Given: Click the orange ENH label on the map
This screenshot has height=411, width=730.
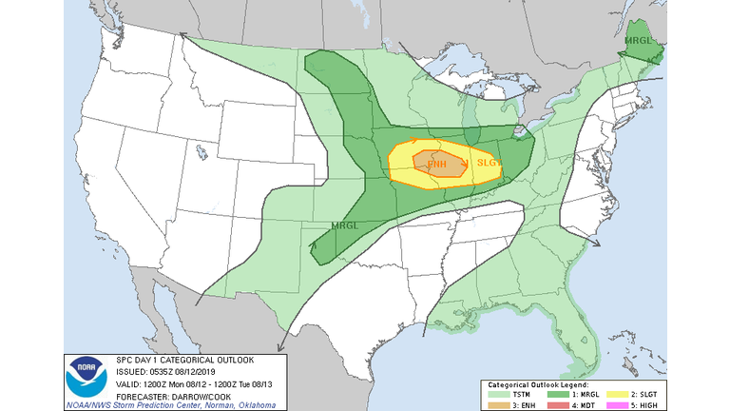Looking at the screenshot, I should [437, 164].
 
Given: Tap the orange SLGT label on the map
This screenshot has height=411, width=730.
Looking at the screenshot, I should [488, 163].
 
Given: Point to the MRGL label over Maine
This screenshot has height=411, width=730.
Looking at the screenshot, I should [639, 42].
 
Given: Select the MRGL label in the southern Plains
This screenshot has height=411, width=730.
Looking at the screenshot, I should [345, 225].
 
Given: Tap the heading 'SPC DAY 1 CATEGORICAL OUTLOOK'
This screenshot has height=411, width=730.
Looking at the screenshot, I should [178, 360].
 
